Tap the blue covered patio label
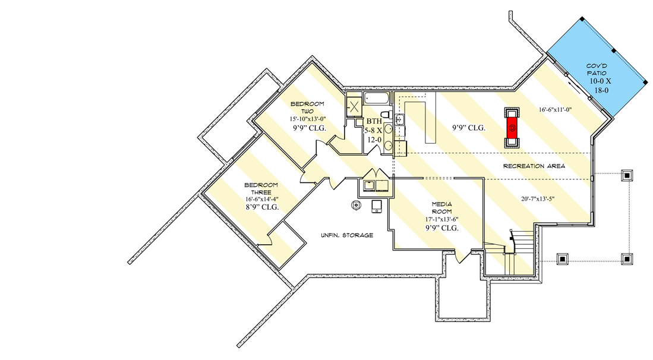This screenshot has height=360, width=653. [602, 77]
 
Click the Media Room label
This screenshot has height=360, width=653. [441, 208]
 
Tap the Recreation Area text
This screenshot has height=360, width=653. [534, 166]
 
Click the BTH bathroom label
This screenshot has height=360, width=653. [374, 121]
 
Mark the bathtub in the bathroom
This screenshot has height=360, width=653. [376, 99]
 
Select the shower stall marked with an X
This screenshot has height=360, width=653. [354, 106]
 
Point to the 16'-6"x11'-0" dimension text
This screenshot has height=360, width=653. [555, 110]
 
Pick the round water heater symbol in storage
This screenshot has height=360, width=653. [356, 206]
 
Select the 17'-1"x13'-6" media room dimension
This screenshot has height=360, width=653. [441, 219]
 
